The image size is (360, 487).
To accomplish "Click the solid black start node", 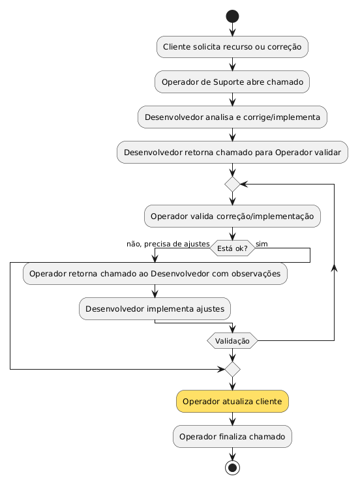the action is click(232, 16).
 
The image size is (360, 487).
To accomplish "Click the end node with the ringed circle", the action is click(232, 467).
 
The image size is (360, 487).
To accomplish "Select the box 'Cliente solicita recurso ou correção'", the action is click(232, 47).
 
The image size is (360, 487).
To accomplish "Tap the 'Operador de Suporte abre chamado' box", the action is click(232, 82).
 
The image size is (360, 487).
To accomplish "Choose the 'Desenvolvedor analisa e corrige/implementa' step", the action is click(232, 117).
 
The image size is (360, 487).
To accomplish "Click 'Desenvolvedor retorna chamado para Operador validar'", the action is click(232, 152).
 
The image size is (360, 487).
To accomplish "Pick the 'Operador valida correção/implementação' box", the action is click(232, 216).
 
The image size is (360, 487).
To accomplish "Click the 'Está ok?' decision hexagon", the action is click(232, 248).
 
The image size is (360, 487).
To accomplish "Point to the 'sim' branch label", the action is click(262, 244).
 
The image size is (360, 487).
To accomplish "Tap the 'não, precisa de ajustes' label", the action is click(168, 244).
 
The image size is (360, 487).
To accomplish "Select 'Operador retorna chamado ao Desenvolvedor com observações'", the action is click(155, 274).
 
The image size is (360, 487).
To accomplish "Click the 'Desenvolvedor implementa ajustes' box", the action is click(155, 309).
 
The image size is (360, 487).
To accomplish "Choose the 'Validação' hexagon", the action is click(232, 341).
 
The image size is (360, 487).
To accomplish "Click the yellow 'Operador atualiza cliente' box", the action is click(232, 402).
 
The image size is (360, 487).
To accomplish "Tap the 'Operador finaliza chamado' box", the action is click(232, 436).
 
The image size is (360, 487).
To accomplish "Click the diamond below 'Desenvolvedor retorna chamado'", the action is click(232, 184).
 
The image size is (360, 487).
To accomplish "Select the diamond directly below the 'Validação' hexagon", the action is click(232, 369).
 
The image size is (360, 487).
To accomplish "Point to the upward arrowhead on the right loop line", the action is click(334, 268).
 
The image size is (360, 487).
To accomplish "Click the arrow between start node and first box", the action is click(232, 29).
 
